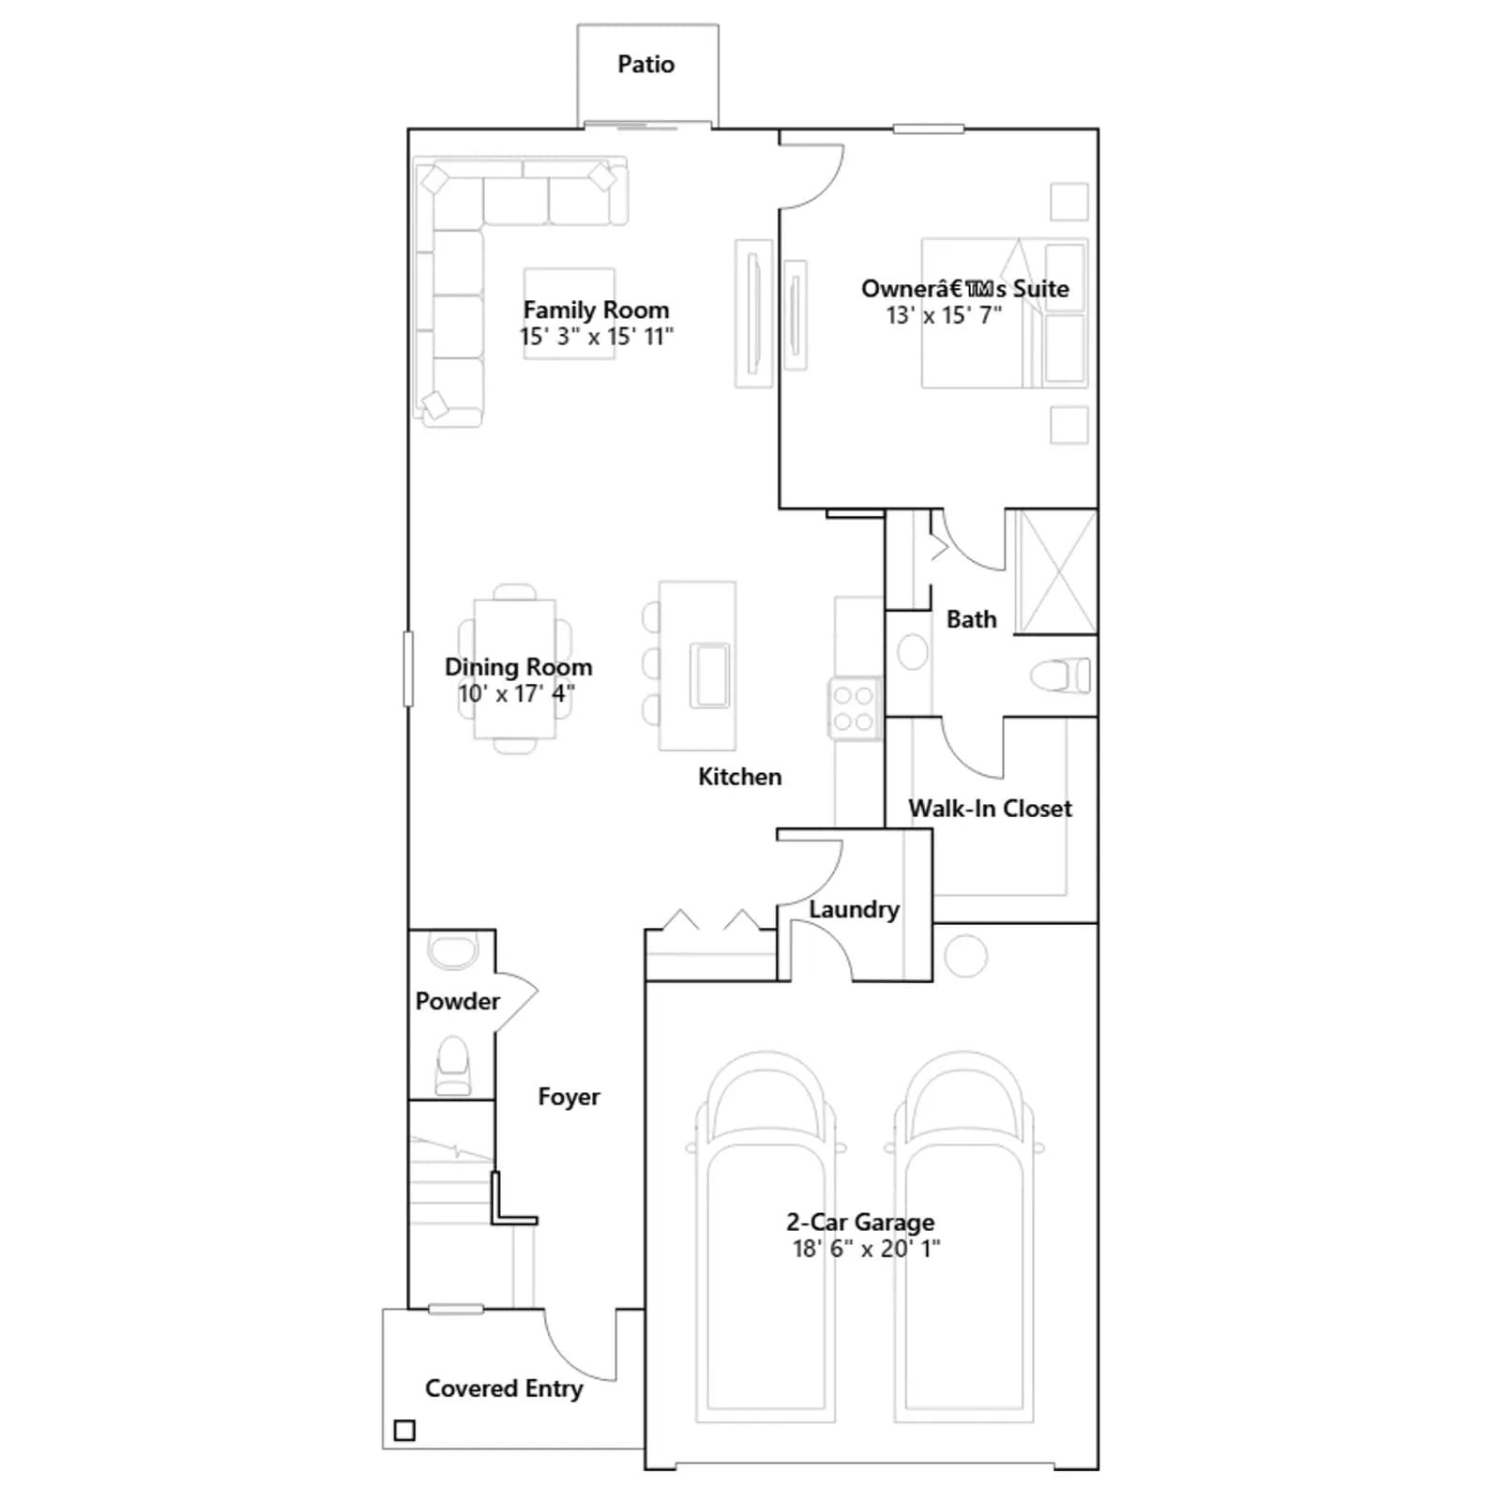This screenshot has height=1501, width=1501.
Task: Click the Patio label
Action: [645, 64]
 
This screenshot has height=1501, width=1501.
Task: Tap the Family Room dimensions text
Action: [597, 337]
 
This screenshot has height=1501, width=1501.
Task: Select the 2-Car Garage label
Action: [860, 1221]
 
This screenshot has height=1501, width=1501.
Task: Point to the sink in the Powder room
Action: [452, 948]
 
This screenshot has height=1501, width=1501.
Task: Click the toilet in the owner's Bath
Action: [1060, 675]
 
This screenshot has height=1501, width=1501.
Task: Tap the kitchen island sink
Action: [710, 674]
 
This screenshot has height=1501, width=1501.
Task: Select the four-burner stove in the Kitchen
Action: [854, 708]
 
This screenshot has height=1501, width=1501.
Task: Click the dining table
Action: [515, 669]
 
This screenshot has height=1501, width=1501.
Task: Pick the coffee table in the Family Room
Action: [569, 313]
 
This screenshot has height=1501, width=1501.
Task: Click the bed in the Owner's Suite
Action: [1004, 313]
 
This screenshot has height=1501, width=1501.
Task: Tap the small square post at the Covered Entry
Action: [404, 1431]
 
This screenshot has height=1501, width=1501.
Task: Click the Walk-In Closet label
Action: [990, 809]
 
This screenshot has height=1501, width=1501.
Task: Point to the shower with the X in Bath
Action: [1057, 571]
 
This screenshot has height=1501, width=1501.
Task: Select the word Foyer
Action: [569, 1097]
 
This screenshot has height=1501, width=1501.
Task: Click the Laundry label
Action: [854, 909]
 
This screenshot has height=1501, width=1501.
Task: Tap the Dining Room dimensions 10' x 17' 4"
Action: [516, 694]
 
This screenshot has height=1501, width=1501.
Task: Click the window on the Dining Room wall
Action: [408, 669]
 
